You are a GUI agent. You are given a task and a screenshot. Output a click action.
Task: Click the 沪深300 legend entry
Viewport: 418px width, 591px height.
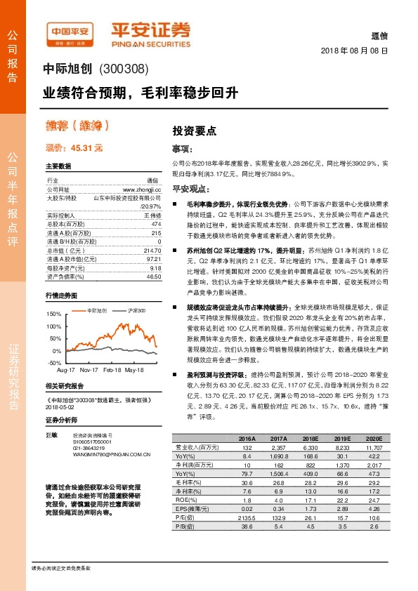(136, 310)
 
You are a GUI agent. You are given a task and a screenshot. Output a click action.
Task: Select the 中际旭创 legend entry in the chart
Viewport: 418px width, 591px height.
(97, 310)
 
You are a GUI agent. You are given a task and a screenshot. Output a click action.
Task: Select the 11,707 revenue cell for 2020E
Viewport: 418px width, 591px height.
(372, 446)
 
